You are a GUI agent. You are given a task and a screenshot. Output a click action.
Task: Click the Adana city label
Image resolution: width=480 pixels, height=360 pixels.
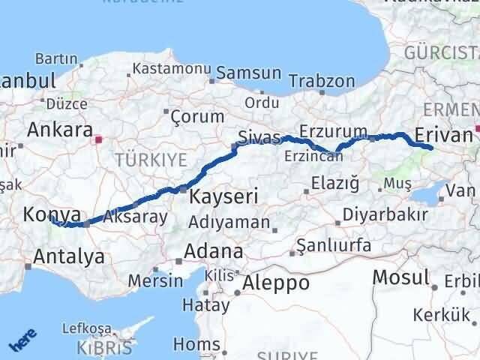[x=215, y=252]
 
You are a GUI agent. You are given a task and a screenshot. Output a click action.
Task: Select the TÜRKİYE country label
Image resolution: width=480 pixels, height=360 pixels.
[x=151, y=160]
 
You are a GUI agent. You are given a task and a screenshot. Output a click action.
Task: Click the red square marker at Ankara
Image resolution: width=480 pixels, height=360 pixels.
[x=97, y=139]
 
